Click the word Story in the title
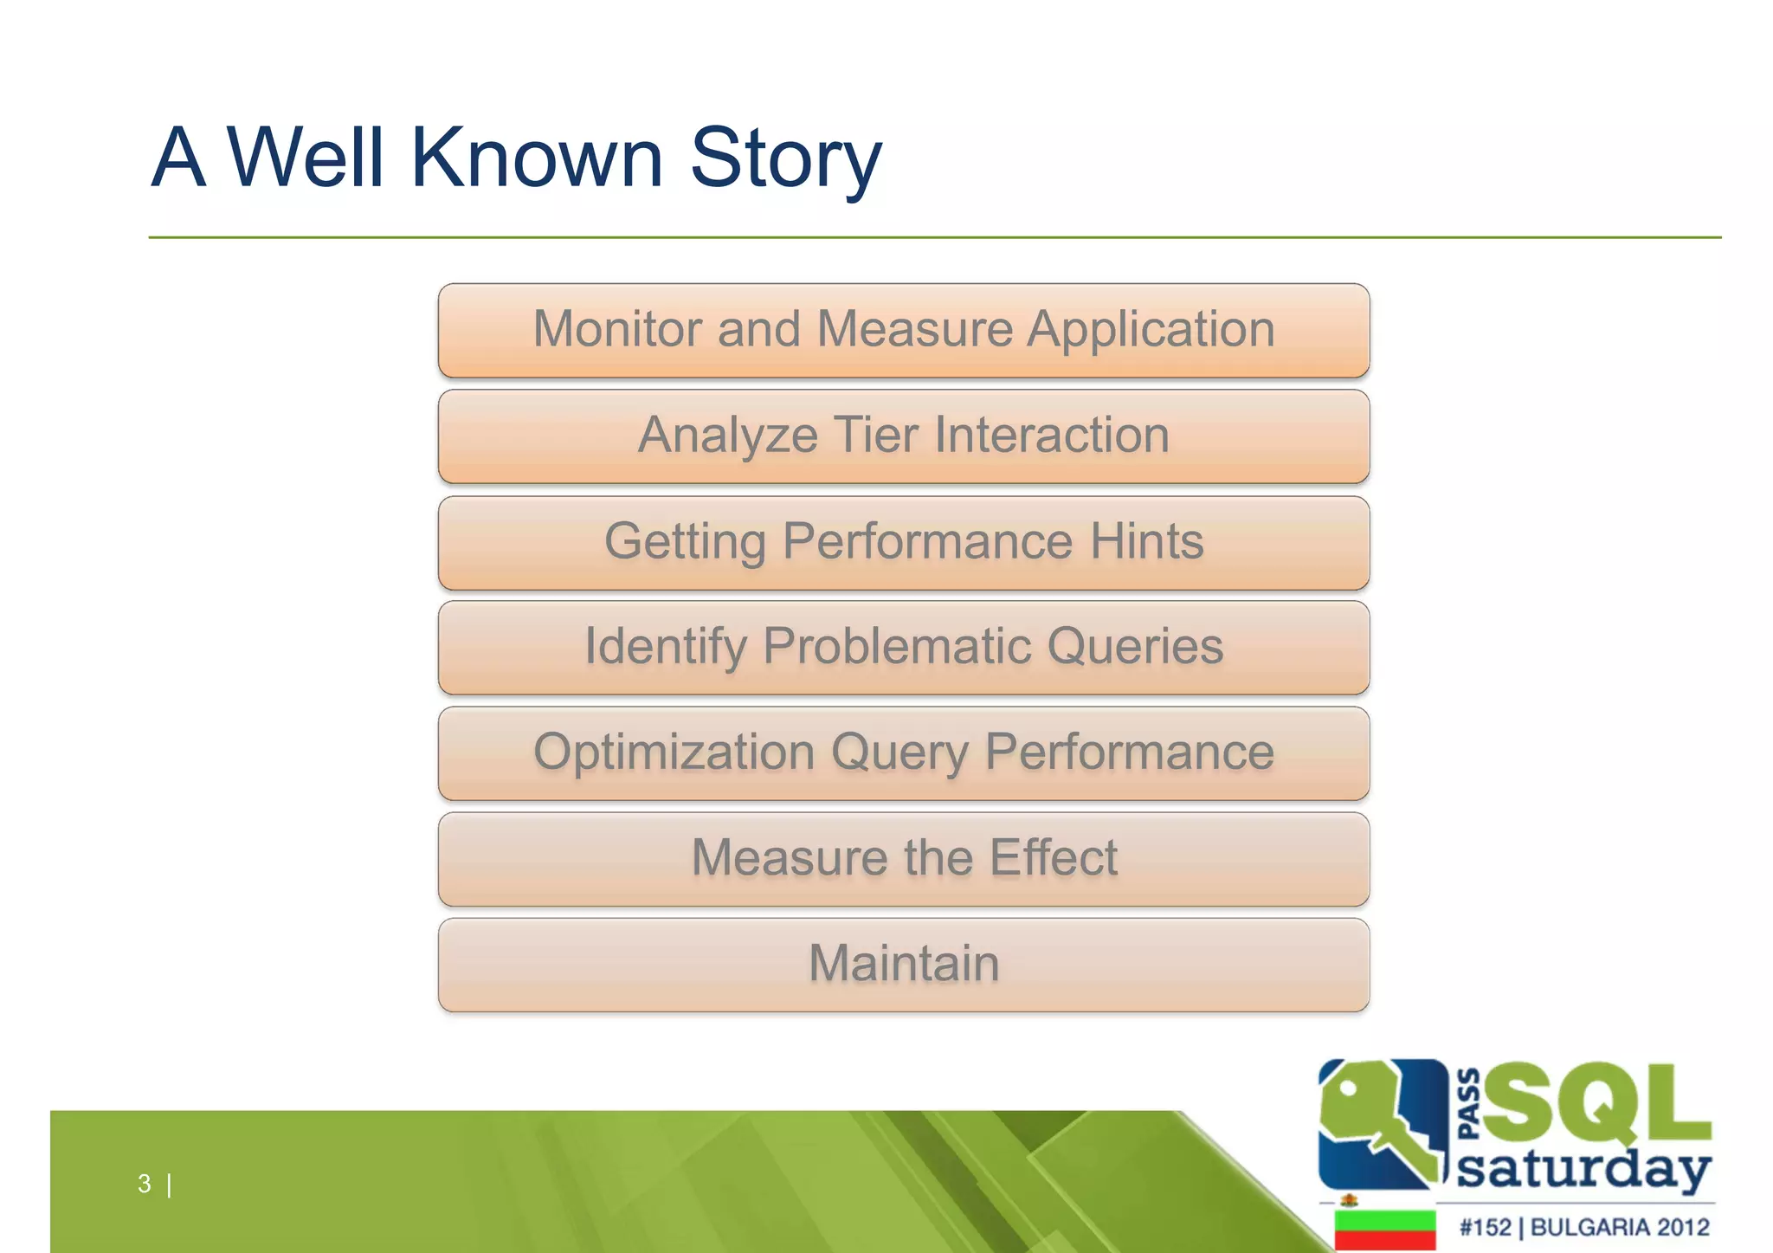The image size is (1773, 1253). coord(785,158)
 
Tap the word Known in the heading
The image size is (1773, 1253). coord(537,158)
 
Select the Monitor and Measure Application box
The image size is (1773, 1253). coord(903,330)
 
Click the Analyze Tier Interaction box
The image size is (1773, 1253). coord(903,436)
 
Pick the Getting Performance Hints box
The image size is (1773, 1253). coord(903,542)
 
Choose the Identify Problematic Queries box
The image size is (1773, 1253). coord(903,647)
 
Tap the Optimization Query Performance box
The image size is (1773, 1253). coord(903,752)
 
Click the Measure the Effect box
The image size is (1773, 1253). coord(903,858)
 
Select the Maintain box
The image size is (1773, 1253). coord(903,964)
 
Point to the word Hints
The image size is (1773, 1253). coord(1146,542)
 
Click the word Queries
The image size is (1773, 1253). coord(1135,647)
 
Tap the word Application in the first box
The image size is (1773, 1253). coord(1151,330)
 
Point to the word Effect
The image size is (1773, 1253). coord(1053,858)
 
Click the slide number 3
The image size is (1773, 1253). coord(145,1183)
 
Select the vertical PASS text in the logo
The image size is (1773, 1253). coord(1469,1104)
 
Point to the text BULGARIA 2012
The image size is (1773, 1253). coord(1620,1227)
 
